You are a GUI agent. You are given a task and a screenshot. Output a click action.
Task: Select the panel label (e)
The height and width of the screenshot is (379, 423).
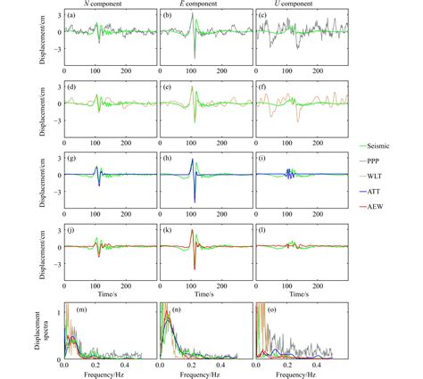pos(170,87)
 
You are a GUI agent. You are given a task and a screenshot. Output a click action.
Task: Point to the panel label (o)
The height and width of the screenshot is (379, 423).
pos(266,309)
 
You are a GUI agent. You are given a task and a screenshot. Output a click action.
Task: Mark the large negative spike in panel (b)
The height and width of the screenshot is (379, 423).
pos(195,57)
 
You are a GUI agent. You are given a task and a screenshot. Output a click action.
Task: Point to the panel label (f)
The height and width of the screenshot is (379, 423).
pos(266,87)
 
